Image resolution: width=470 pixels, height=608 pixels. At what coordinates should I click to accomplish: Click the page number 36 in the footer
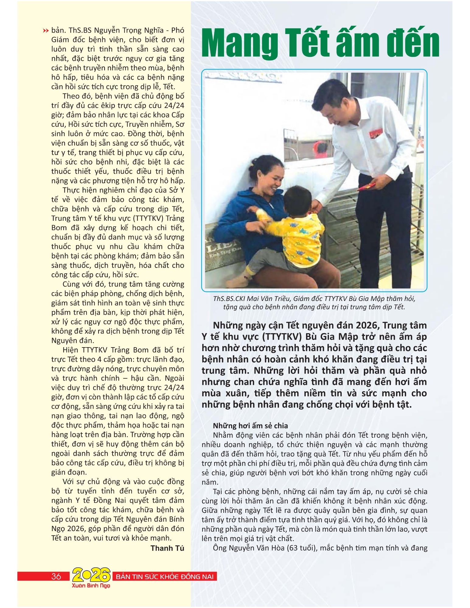pos(56,576)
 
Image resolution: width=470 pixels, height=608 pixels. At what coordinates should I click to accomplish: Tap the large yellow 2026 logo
pos(91,575)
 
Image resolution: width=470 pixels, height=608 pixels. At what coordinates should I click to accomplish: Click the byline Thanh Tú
pos(167,548)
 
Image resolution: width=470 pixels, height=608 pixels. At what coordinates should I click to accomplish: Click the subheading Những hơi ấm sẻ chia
pos(250,426)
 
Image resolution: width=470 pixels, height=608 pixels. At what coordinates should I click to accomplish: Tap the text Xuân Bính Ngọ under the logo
pos(91,585)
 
